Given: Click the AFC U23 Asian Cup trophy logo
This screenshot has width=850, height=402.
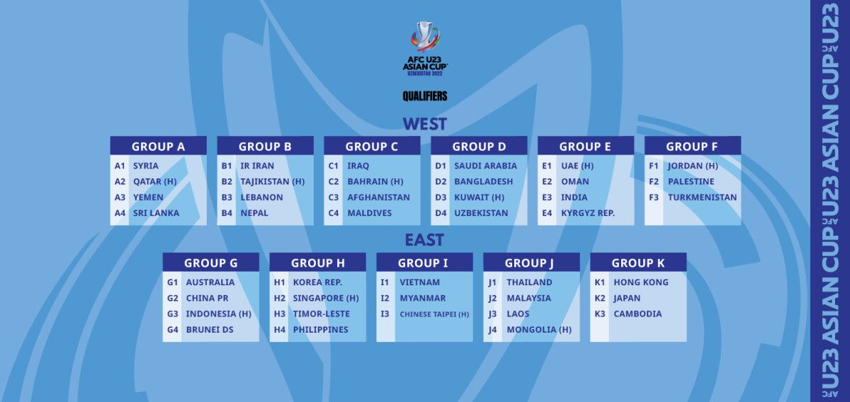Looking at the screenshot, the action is pyautogui.click(x=425, y=48).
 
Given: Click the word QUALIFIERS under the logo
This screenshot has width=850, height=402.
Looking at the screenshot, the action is pyautogui.click(x=425, y=96).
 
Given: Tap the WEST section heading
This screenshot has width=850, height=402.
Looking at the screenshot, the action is pyautogui.click(x=424, y=124).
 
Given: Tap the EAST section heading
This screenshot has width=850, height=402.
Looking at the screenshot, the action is pyautogui.click(x=424, y=240).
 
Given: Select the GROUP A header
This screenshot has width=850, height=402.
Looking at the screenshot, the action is pyautogui.click(x=158, y=147).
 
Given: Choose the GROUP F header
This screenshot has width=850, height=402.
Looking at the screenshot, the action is pyautogui.click(x=693, y=147).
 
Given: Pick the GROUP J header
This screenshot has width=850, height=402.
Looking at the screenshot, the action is pyautogui.click(x=531, y=263).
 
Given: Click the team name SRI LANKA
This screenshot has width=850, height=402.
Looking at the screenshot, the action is pyautogui.click(x=156, y=213).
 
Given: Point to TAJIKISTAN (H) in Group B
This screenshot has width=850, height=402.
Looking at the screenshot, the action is pyautogui.click(x=273, y=182).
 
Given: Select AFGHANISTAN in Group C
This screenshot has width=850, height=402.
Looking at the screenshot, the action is pyautogui.click(x=379, y=197).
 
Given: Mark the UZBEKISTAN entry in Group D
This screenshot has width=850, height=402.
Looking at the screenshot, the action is pyautogui.click(x=481, y=213).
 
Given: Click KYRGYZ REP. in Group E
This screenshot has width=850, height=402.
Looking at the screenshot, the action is pyautogui.click(x=588, y=213).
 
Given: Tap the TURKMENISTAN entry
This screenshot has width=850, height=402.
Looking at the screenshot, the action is pyautogui.click(x=703, y=197).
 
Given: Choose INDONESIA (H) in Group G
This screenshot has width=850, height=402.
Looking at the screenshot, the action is pyautogui.click(x=219, y=314).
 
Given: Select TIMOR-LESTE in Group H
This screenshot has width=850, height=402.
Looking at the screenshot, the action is pyautogui.click(x=322, y=314).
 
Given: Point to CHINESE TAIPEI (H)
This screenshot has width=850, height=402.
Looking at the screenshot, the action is pyautogui.click(x=434, y=314).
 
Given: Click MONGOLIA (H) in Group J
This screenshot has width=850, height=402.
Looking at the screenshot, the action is pyautogui.click(x=539, y=330).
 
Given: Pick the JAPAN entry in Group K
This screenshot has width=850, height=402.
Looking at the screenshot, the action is pyautogui.click(x=627, y=299).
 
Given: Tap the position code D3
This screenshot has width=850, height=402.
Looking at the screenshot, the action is pyautogui.click(x=441, y=197).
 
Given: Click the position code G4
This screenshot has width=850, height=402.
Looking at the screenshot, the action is pyautogui.click(x=173, y=330).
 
